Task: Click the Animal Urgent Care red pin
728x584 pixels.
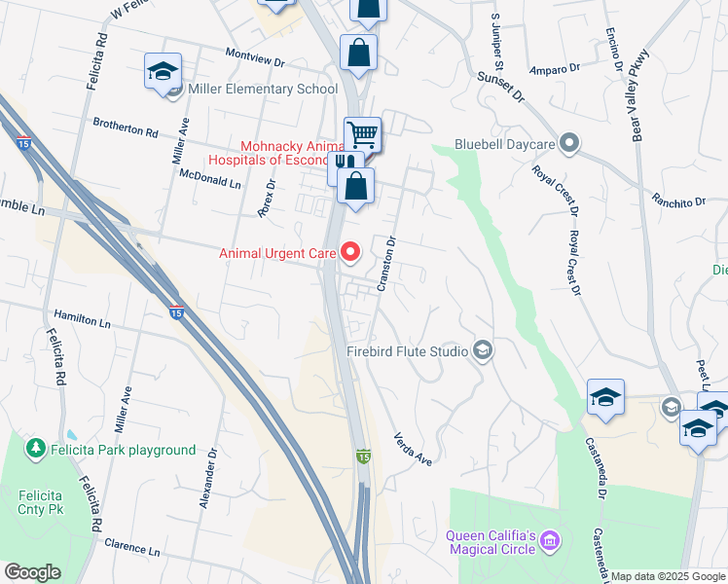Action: coord(350,253)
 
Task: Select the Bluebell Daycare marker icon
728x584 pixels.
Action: coord(570,145)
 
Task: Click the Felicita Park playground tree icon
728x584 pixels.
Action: coord(36,449)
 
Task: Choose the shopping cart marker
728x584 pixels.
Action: coord(362,133)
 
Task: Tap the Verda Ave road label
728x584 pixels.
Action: coord(412,448)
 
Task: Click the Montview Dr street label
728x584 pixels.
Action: coord(253,59)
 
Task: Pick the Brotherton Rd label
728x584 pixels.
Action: coord(125,128)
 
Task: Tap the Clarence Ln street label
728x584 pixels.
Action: coord(131,549)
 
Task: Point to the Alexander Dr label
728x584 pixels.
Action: coord(207,477)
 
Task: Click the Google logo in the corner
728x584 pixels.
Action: coord(32,572)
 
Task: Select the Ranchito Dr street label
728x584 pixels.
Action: coord(678,201)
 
